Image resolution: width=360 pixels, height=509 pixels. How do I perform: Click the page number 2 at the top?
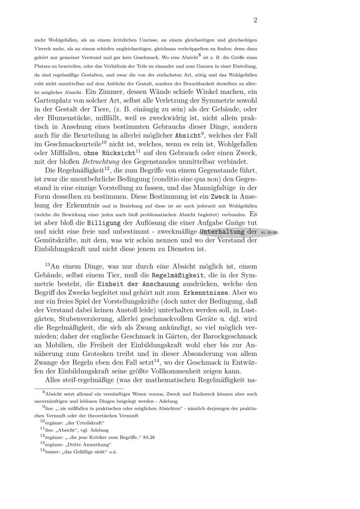coord(255,20)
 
